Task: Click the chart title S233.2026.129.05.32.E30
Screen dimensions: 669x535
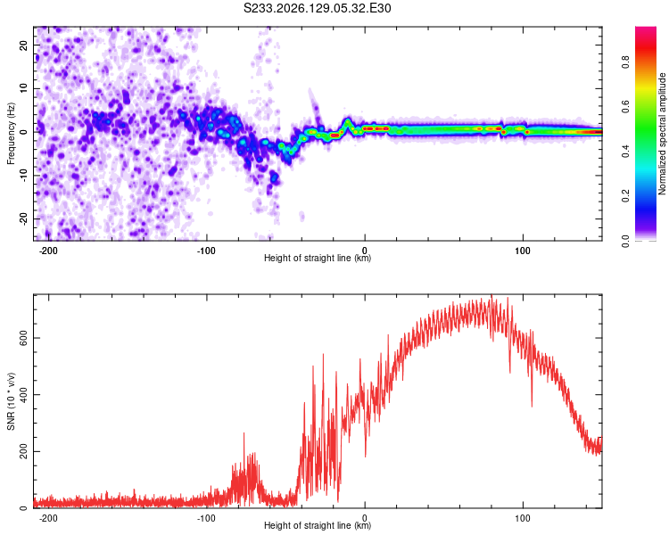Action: coord(317,8)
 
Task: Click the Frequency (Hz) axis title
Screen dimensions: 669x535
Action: coord(11,134)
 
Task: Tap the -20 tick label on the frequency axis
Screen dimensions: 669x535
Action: coord(23,218)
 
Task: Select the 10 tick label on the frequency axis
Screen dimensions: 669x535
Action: coord(23,88)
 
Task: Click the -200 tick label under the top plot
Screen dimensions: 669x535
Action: coord(48,251)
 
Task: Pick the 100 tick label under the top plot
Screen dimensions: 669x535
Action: coord(523,251)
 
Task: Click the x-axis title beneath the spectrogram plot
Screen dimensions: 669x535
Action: coord(318,258)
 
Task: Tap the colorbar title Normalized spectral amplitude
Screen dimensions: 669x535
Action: coord(662,134)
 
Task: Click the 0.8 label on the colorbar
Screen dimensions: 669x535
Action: coord(625,62)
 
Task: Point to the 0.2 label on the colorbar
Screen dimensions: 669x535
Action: coord(625,196)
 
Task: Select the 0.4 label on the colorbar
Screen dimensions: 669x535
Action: coord(625,152)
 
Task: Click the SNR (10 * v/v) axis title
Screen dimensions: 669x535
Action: coord(11,401)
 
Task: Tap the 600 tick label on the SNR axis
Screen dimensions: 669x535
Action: coord(23,338)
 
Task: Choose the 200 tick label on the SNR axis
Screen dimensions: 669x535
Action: coord(23,451)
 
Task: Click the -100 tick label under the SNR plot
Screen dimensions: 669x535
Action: coord(206,518)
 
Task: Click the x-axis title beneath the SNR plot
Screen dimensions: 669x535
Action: coord(318,525)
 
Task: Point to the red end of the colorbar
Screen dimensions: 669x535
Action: coord(646,33)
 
